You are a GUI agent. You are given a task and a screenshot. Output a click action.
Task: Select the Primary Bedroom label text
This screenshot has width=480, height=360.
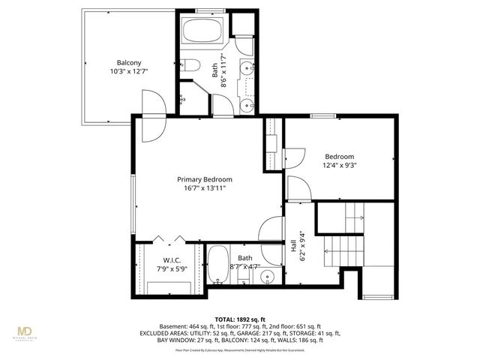[204, 179]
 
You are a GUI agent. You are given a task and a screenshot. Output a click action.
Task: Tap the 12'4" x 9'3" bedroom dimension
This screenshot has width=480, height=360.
[340, 165]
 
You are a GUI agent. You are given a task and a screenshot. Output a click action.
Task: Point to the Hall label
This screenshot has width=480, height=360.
[292, 246]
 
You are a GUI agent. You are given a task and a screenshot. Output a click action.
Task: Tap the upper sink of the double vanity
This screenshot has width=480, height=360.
[247, 70]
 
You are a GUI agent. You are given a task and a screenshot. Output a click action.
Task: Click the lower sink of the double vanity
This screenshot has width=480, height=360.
[247, 106]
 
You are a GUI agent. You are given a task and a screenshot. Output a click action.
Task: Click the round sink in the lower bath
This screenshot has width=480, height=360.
[268, 279]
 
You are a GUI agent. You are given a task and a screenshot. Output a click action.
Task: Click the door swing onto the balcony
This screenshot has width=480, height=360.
[150, 105]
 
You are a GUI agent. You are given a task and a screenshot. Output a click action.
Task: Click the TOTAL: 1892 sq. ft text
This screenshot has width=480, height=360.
[240, 318]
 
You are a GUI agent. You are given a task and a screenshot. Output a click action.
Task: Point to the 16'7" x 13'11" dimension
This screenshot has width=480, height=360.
[204, 189]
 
